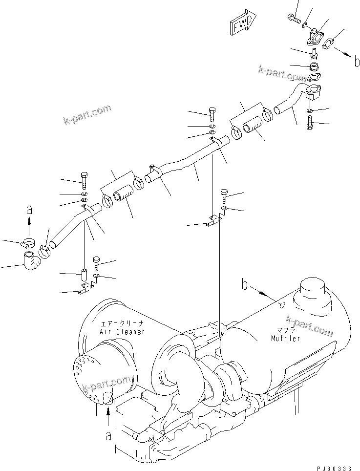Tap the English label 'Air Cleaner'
(122, 332)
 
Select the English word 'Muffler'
(286, 338)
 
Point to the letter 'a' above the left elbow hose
(29, 210)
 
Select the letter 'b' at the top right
(357, 62)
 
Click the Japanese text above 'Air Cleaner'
(122, 324)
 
